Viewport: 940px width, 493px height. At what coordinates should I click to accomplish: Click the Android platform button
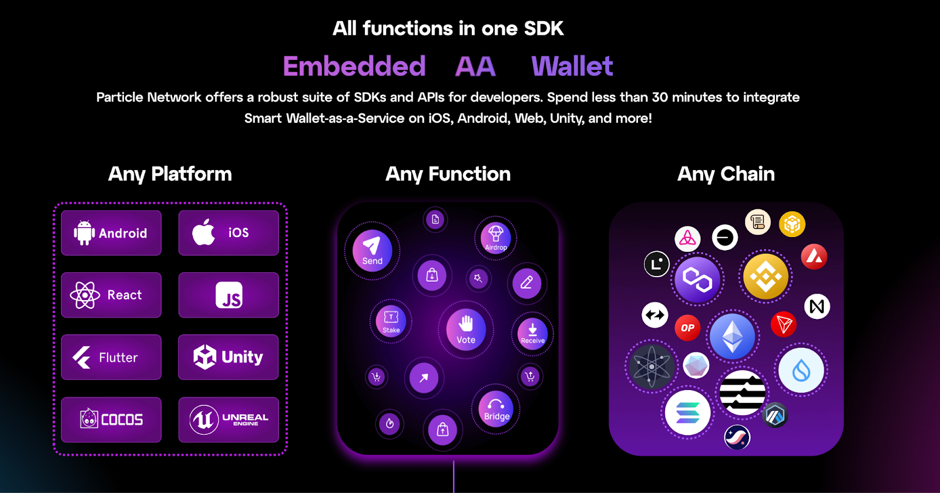pyautogui.click(x=111, y=233)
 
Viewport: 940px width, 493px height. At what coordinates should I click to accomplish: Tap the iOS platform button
pyautogui.click(x=229, y=233)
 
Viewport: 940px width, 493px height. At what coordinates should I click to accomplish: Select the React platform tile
pyautogui.click(x=111, y=295)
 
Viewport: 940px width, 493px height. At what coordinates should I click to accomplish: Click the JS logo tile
pyautogui.click(x=229, y=295)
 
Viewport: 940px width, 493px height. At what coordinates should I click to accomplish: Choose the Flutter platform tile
pyautogui.click(x=111, y=357)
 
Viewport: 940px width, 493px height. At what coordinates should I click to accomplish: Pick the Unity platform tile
pyautogui.click(x=229, y=357)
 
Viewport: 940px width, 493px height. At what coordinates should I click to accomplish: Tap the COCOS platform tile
pyautogui.click(x=111, y=419)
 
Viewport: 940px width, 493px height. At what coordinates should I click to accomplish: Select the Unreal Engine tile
pyautogui.click(x=229, y=419)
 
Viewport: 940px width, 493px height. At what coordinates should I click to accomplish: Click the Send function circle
pyautogui.click(x=372, y=251)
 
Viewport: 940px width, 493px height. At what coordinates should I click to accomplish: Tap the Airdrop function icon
pyautogui.click(x=496, y=238)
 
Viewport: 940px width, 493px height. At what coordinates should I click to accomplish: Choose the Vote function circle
pyautogui.click(x=466, y=330)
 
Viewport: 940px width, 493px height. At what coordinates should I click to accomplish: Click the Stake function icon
pyautogui.click(x=391, y=322)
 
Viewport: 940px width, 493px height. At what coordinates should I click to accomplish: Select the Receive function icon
pyautogui.click(x=532, y=334)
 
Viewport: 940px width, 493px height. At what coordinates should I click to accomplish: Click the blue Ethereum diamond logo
pyautogui.click(x=733, y=337)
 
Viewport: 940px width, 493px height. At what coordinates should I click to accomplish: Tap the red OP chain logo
pyautogui.click(x=687, y=328)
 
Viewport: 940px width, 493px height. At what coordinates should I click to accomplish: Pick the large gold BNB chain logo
pyautogui.click(x=766, y=277)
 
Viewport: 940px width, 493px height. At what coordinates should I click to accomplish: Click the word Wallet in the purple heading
pyautogui.click(x=572, y=66)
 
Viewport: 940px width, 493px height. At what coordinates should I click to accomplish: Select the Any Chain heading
pyautogui.click(x=726, y=174)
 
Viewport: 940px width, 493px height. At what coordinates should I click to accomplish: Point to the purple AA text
pyautogui.click(x=475, y=66)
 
